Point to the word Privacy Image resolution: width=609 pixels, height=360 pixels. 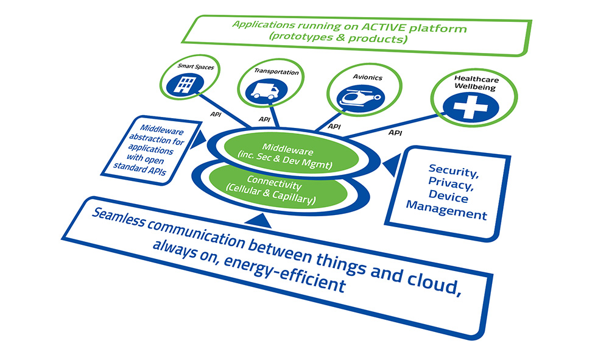[x=451, y=183]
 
